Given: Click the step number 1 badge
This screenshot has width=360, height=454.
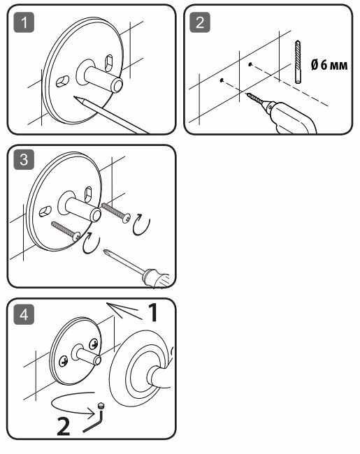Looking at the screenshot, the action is coord(24,22).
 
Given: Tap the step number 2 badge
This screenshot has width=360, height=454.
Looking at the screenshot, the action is coord(200,22).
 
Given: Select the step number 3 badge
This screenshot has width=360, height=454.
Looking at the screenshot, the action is coord(24,159).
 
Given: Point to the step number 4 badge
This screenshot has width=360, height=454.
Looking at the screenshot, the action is coord(24,314).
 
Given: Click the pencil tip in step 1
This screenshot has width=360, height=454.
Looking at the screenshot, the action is coord(75,97).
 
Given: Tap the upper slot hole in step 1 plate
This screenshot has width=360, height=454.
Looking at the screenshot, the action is coord(108,63).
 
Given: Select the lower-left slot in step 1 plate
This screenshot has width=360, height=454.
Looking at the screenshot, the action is coord(62,81).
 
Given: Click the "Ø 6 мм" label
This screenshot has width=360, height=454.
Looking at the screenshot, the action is coord(329,64).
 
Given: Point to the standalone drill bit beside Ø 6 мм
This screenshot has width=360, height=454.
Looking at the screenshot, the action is coord(298,62).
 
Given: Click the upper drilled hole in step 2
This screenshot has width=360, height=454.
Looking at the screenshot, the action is coord(250,64).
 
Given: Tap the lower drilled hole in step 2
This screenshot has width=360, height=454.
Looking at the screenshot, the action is coord(222,80).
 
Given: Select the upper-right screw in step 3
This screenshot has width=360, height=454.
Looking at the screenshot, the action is coord(116,213).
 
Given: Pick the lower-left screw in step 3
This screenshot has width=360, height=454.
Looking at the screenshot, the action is coord(66,231).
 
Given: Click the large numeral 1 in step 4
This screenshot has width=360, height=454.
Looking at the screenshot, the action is coord(152,312).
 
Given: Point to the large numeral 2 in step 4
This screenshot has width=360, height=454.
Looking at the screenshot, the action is coord(64,426).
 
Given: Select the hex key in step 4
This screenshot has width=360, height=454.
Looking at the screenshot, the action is coord(96,419).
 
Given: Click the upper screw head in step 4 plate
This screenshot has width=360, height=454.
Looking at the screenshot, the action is coord(94,344).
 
